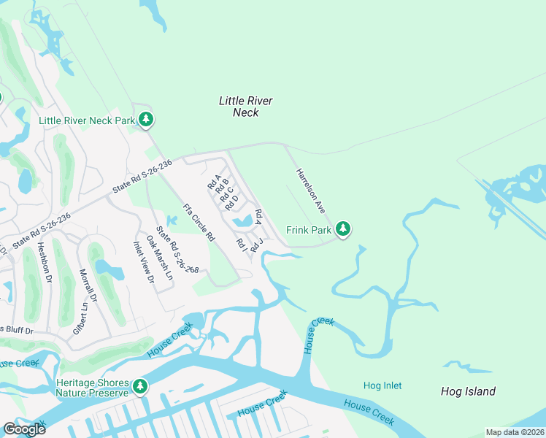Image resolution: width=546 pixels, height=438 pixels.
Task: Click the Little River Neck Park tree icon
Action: (x=147, y=119)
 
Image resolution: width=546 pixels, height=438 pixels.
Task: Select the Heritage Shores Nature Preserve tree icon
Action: (x=140, y=386)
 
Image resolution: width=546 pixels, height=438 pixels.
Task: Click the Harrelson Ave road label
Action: (x=310, y=189)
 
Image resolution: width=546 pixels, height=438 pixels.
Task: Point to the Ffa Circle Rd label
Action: (x=199, y=223)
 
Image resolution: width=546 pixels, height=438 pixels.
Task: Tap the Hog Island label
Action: (x=468, y=391)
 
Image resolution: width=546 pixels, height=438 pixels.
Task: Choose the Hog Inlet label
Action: (x=382, y=385)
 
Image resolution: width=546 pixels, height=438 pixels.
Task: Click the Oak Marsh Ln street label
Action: (x=160, y=258)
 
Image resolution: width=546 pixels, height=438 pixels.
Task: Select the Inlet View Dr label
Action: (x=144, y=262)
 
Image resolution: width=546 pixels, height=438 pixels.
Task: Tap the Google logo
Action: (x=24, y=429)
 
